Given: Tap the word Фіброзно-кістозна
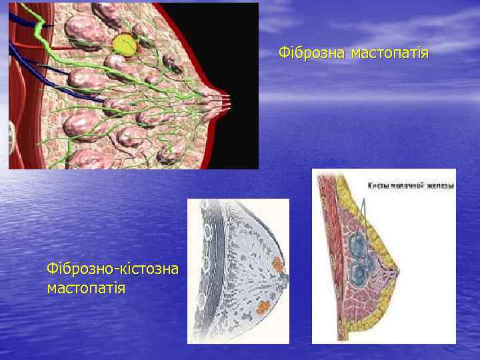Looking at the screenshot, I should (x=113, y=268).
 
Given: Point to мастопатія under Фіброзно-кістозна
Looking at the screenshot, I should (x=87, y=288).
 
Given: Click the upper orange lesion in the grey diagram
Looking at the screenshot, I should (x=278, y=263).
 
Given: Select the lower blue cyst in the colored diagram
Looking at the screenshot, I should (x=360, y=273).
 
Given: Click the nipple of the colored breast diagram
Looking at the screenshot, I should (x=398, y=271).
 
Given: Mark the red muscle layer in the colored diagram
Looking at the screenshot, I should (x=327, y=253).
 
